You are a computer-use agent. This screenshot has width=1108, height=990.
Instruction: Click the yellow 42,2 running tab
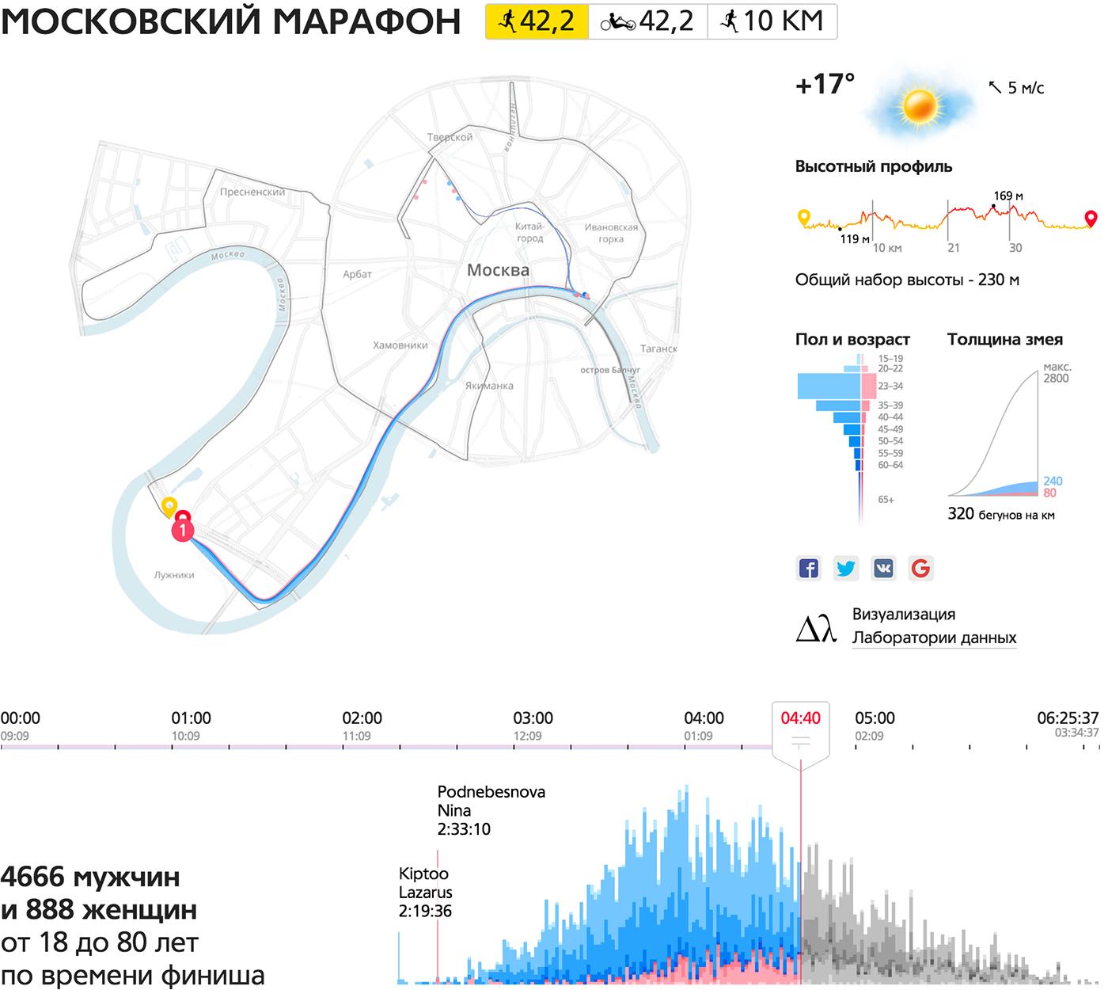click(537, 21)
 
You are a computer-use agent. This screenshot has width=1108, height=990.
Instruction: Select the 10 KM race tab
click(772, 21)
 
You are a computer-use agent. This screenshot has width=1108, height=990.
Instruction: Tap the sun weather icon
click(920, 106)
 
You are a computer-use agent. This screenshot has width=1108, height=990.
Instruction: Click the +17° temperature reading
click(825, 84)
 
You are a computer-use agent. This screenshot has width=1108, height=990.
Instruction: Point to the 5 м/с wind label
click(1025, 88)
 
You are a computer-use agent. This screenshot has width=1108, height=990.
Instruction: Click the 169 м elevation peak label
click(1008, 196)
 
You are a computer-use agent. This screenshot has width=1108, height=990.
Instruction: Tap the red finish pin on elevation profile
click(1091, 218)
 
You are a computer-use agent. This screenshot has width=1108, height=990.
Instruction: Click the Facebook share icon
click(808, 568)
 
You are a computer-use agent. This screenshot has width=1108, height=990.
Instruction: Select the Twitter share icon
click(846, 568)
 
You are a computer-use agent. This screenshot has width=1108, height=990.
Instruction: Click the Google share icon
click(920, 568)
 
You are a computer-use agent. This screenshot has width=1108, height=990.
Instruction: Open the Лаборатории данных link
click(934, 638)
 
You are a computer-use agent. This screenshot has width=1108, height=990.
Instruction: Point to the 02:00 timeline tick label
click(362, 718)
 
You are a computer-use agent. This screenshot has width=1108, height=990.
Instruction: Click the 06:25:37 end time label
click(1068, 718)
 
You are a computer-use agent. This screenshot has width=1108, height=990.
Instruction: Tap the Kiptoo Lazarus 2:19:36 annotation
click(426, 892)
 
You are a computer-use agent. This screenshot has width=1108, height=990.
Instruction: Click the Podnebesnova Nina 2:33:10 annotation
click(491, 810)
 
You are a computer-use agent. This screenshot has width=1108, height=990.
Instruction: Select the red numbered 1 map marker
click(183, 528)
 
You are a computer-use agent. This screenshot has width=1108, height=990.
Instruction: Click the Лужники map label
click(174, 575)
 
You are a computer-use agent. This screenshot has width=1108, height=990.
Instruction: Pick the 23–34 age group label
click(890, 386)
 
